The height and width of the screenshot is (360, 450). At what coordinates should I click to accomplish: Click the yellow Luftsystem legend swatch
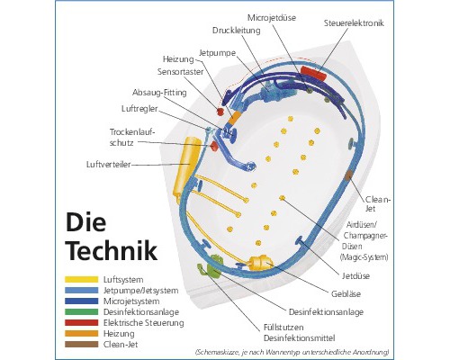pyautogui.click(x=81, y=280)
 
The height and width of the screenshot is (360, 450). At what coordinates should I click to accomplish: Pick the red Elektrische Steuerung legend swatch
pyautogui.click(x=81, y=321)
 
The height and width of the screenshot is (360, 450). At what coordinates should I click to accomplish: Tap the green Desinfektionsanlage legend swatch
pyautogui.click(x=81, y=311)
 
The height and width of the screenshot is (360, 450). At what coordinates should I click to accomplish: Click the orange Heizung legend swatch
pyautogui.click(x=81, y=332)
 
